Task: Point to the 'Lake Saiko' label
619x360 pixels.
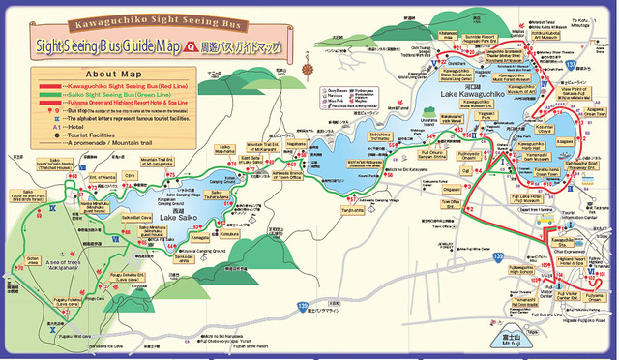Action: (181, 216)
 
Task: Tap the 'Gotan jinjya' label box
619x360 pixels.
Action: (34, 261)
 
